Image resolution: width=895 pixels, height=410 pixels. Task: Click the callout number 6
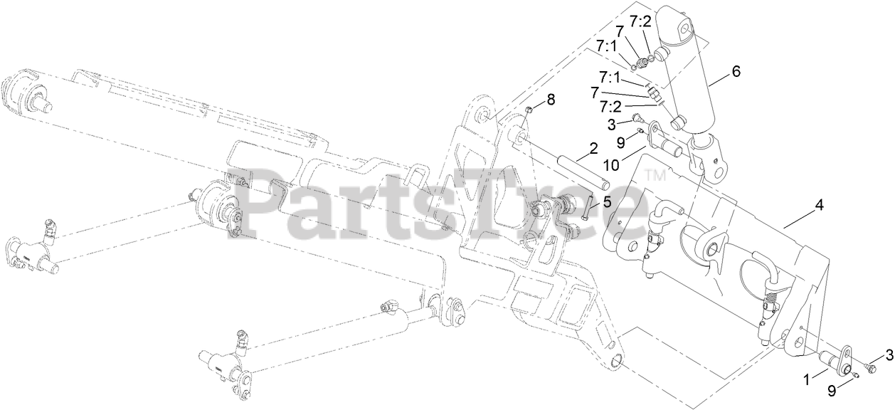point(736,71)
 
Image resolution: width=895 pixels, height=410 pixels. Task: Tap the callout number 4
point(819,205)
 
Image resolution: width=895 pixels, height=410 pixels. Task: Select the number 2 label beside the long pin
point(592,149)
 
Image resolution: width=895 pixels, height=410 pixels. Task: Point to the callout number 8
point(551,98)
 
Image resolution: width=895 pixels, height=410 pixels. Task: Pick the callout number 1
point(807,380)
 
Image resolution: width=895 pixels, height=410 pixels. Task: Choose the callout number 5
point(606,201)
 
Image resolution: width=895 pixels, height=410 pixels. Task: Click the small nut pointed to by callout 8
point(530,109)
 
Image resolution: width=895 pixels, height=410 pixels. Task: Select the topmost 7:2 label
point(640,21)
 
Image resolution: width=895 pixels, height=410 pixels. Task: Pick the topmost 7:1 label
point(606,47)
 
